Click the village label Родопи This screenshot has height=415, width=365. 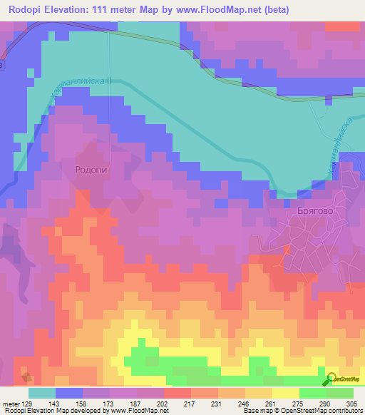click(91, 169)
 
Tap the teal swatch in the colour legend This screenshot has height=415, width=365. click(41, 393)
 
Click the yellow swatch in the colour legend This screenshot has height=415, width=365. click(285, 393)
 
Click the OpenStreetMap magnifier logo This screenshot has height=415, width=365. click(331, 379)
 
